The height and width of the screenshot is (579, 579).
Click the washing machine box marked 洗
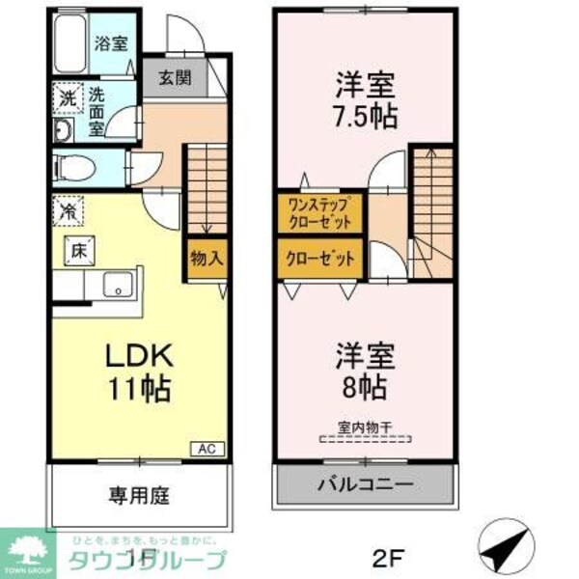tap(67, 97)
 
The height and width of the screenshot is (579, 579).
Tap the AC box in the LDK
tap(207, 448)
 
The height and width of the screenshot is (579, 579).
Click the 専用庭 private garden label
tap(138, 497)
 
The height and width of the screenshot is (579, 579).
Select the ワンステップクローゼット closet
tap(319, 212)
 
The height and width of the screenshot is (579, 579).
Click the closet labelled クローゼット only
tap(319, 259)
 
